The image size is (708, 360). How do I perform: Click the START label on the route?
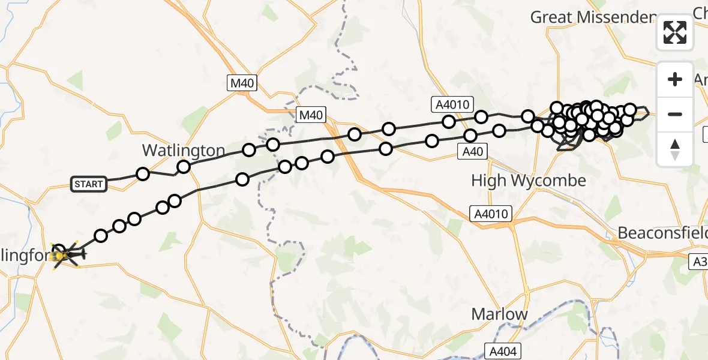click(89, 184)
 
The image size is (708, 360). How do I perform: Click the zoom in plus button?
click(675, 79)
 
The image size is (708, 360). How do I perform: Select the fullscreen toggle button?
click(675, 32)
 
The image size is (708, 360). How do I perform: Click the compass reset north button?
click(675, 149)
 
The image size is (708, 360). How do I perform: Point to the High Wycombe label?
click(520, 180)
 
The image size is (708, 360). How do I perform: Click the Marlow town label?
click(499, 314)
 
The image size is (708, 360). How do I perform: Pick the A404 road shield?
click(502, 351)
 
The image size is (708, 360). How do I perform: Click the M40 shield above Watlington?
click(242, 83)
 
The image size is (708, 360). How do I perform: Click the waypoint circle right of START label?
click(143, 174)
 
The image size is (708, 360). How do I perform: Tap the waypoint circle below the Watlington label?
click(184, 167)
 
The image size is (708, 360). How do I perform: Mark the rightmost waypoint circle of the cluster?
click(630, 109)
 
